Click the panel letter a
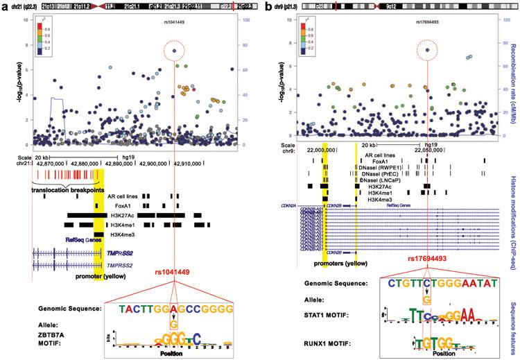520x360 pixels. click(6, 6)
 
